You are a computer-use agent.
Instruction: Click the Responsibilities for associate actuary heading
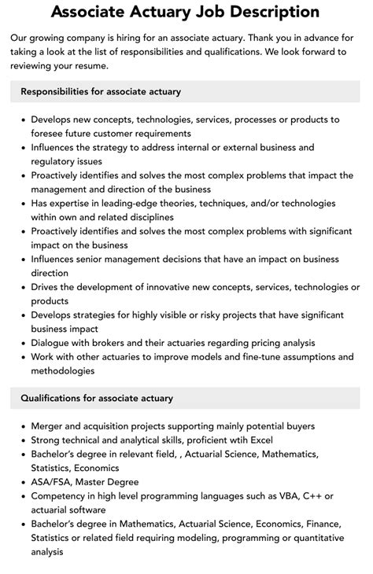click(101, 91)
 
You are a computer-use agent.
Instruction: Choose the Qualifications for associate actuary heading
click(97, 399)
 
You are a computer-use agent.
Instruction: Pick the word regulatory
click(56, 160)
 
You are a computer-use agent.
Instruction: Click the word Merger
click(49, 426)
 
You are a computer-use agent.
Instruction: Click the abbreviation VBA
click(277, 496)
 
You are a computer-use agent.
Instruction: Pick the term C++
click(310, 496)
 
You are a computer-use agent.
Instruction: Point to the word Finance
click(325, 524)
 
